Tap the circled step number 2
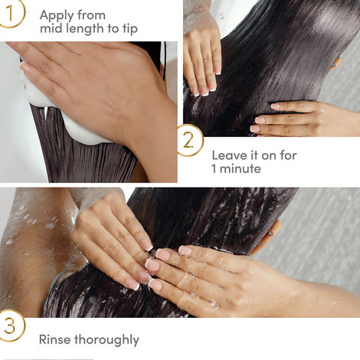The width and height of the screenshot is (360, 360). pos(188,139)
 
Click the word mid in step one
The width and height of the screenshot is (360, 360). pos(51,30)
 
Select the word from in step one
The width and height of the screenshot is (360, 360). pos(93,15)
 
